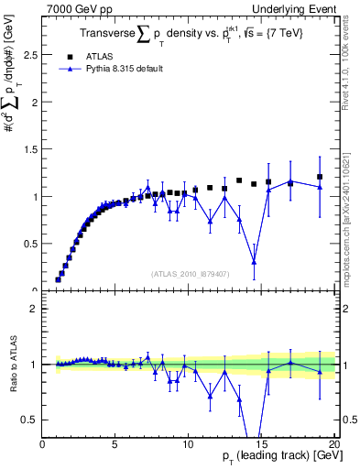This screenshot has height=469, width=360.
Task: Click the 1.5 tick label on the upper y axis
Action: pos(30,149)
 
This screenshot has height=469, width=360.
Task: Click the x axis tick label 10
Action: pos(189,446)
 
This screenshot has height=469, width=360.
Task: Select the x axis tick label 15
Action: pos(262,446)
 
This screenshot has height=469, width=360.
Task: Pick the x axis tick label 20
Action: pos(334,446)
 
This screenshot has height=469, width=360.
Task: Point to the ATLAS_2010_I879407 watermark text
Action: pos(189,273)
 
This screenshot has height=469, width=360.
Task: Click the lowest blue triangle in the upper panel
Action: pos(254,262)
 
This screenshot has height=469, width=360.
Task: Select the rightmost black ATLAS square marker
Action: pos(320,177)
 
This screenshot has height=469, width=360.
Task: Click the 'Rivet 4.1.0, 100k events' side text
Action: pos(349,64)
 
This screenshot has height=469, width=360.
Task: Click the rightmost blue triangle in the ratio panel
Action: pos(320,372)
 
